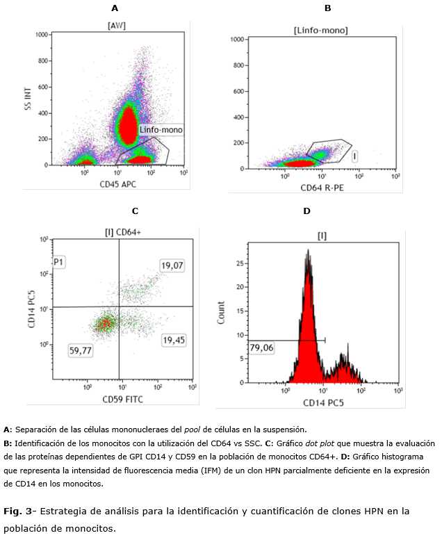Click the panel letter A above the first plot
(x=115, y=8)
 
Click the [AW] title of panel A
(x=115, y=26)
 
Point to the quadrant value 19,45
(x=170, y=340)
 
